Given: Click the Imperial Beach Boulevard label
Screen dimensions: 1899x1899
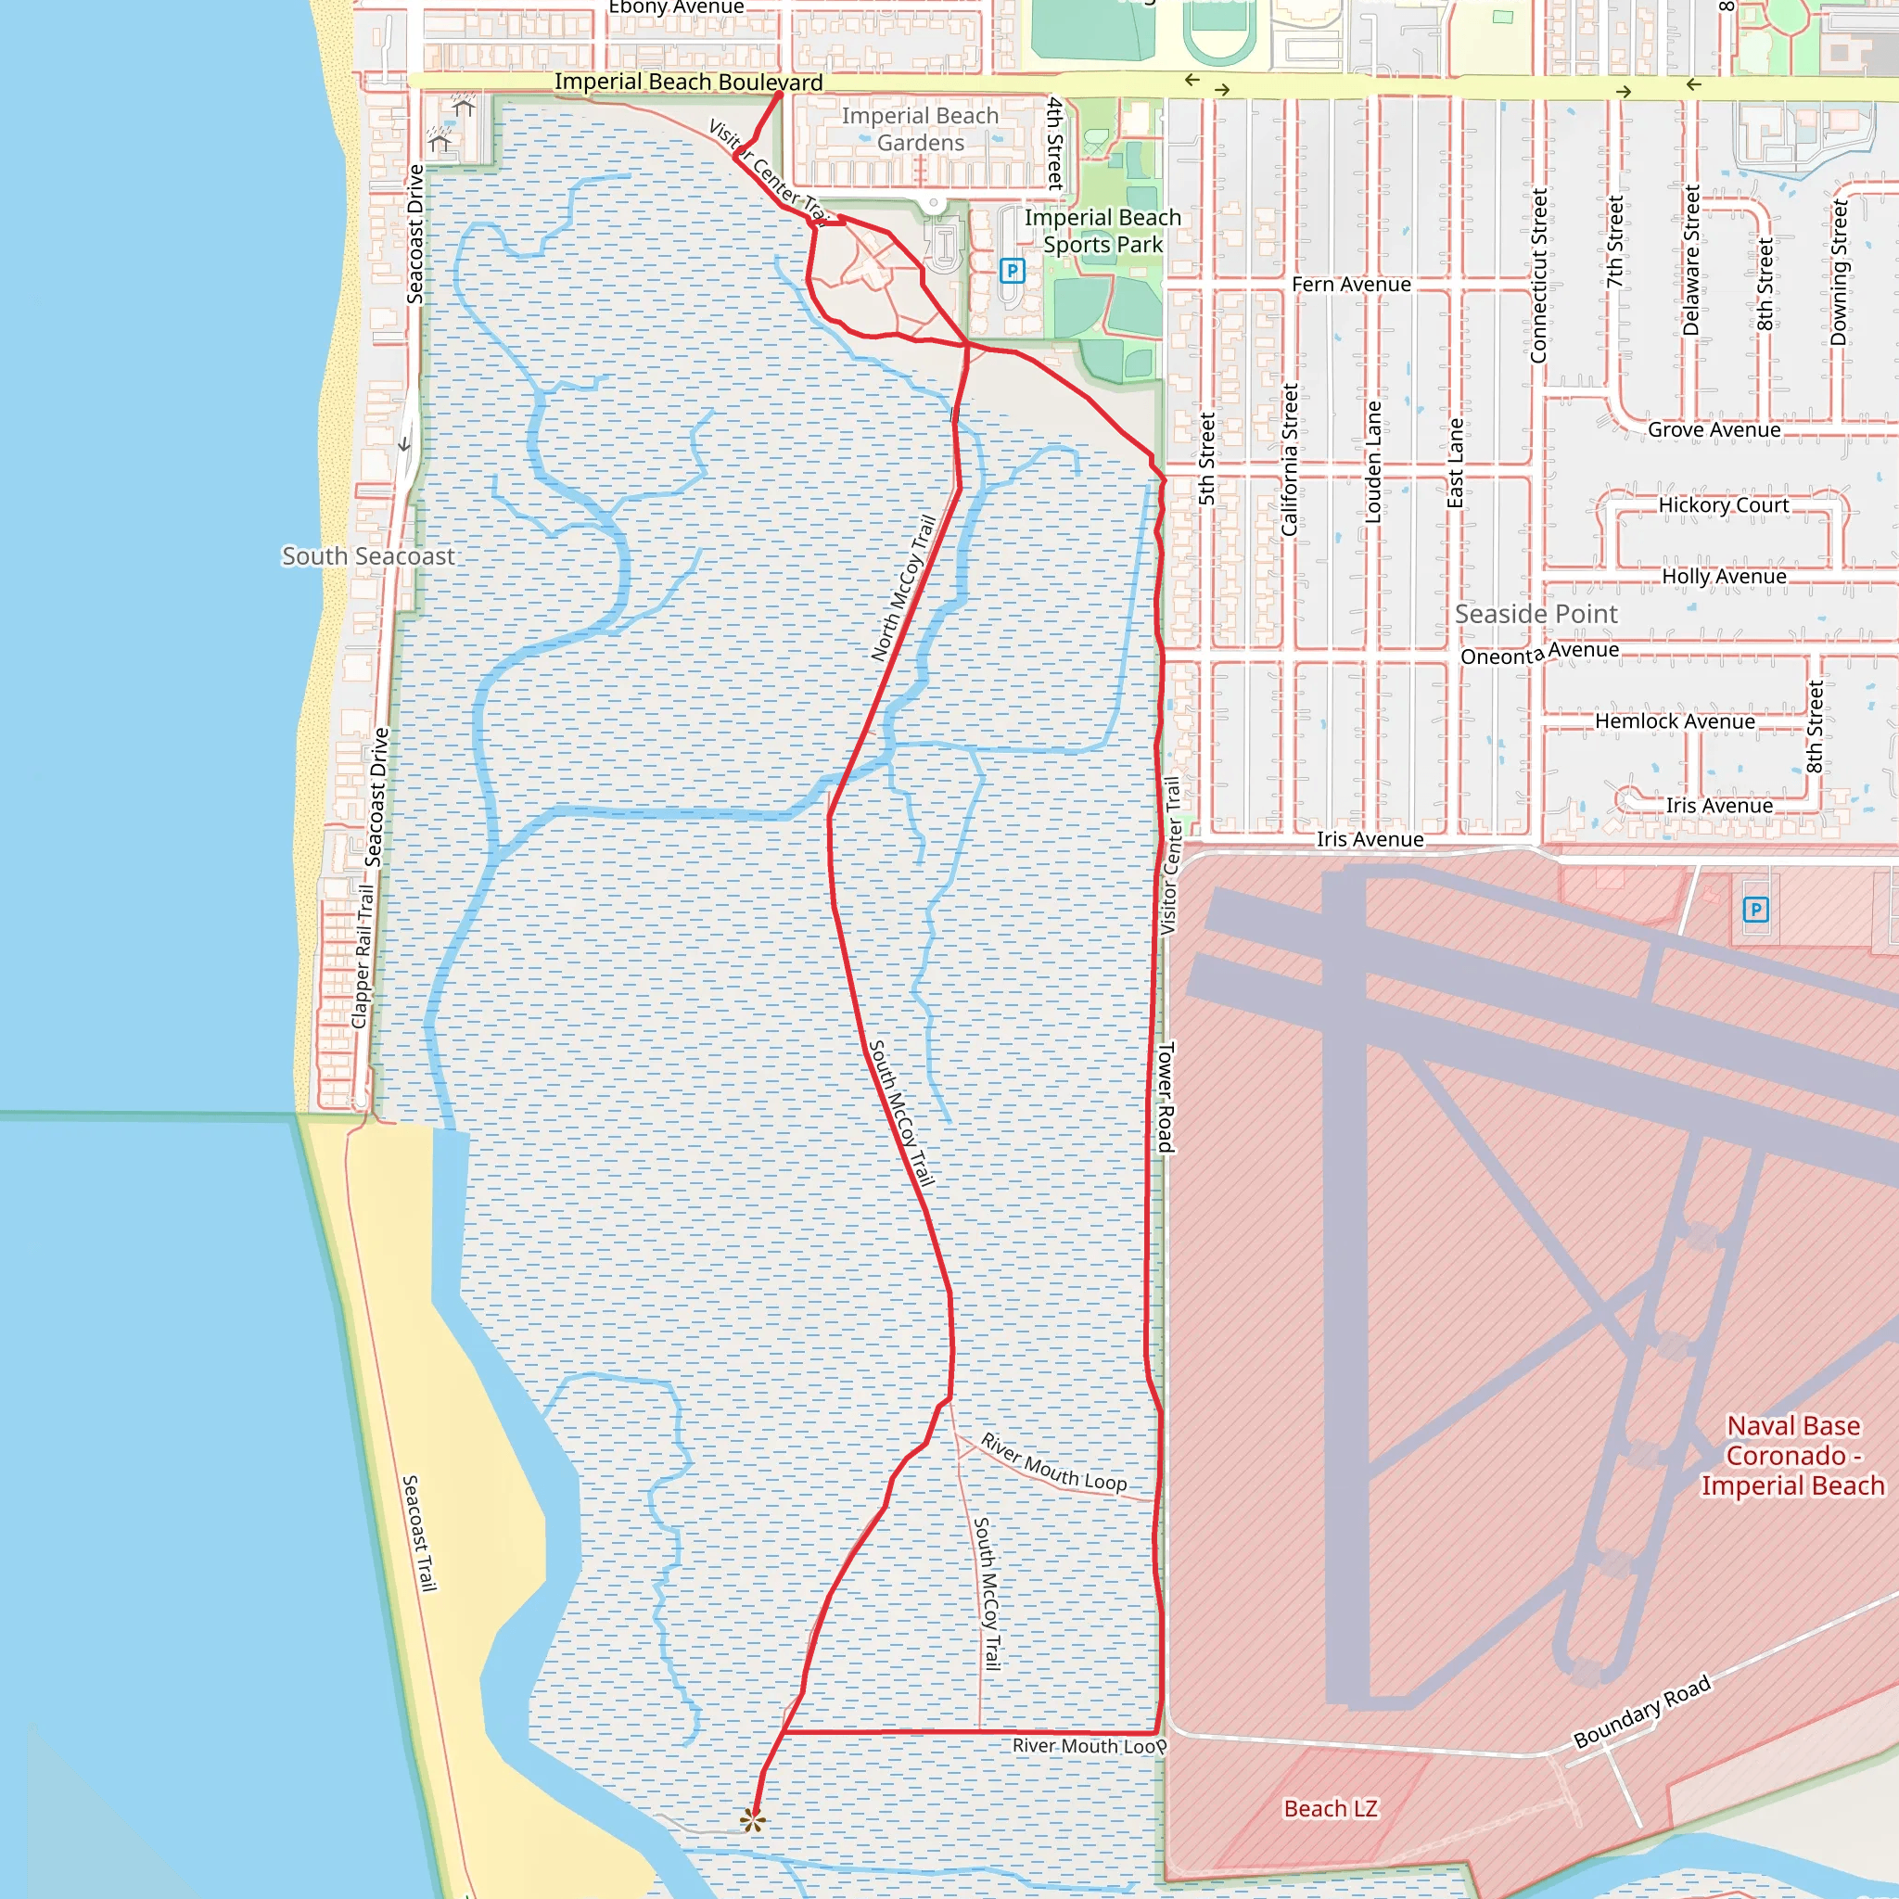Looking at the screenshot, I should [x=688, y=82].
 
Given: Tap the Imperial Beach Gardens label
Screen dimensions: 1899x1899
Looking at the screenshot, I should [x=920, y=129].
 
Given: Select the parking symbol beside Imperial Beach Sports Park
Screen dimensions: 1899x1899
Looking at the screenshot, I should [x=1012, y=271].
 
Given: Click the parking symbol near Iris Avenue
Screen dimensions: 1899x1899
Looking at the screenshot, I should [x=1755, y=910].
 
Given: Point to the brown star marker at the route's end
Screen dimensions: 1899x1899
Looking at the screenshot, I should [x=753, y=1820].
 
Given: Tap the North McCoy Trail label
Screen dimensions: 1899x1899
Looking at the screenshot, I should [x=903, y=588].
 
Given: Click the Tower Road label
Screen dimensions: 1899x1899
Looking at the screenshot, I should [x=1166, y=1097].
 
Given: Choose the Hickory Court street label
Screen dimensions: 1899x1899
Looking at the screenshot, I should [x=1723, y=505].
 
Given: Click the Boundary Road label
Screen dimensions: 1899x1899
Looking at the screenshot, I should [x=1641, y=1712].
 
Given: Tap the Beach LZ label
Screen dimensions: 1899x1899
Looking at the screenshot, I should [x=1331, y=1808].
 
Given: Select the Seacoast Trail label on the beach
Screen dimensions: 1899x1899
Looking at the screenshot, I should [x=419, y=1533].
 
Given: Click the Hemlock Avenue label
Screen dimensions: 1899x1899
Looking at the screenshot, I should [x=1674, y=721].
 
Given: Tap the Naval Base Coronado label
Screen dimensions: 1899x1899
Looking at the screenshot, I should [x=1793, y=1455].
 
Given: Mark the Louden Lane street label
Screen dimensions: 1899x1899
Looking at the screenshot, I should [x=1373, y=461].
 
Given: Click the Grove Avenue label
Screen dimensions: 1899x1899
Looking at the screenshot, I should [x=1714, y=429].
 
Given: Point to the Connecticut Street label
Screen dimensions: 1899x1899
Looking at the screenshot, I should [x=1538, y=275].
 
